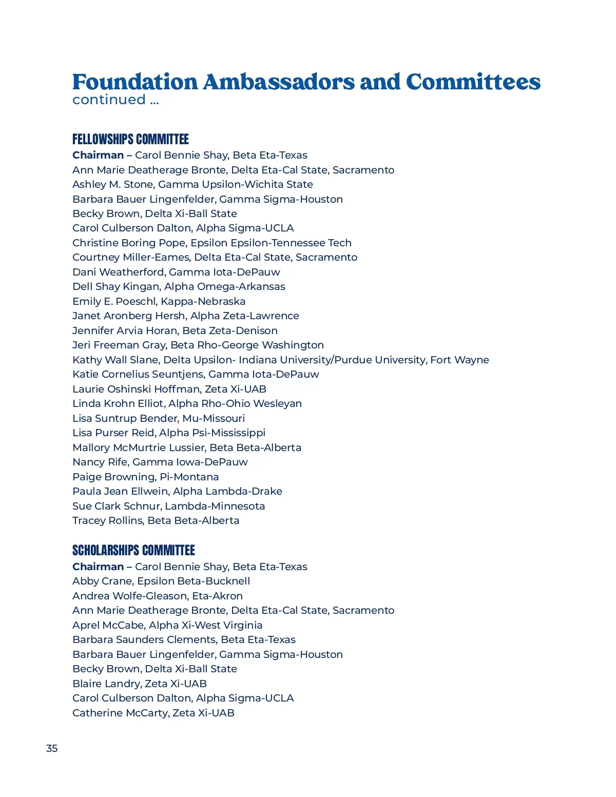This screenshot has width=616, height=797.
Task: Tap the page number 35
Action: (52, 748)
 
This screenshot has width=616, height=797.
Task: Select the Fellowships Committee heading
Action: (130, 139)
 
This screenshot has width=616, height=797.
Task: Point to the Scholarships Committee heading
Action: (133, 550)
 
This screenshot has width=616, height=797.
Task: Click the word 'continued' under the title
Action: (109, 100)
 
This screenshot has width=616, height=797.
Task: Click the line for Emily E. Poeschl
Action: (159, 301)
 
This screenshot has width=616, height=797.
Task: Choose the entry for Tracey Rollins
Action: (156, 520)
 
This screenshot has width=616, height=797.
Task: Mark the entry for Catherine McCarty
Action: (153, 713)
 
